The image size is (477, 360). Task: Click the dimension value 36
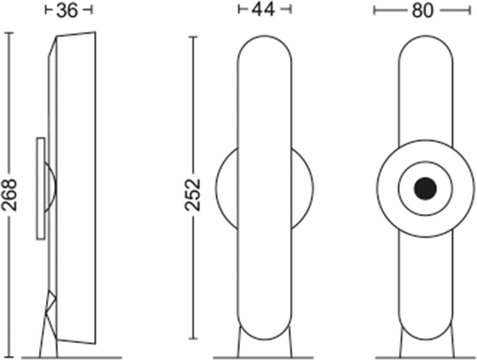click(x=67, y=11)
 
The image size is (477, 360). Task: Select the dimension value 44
click(x=263, y=10)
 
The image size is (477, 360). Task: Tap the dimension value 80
click(x=423, y=11)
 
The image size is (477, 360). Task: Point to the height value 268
click(x=9, y=195)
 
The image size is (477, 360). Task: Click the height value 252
click(x=192, y=195)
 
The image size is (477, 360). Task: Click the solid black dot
click(x=425, y=189)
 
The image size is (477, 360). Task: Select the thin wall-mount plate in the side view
click(x=41, y=189)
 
